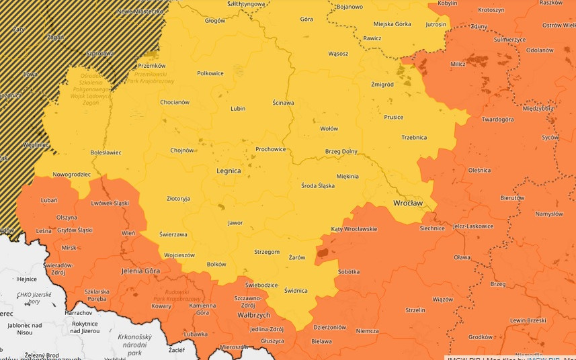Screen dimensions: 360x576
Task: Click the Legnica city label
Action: tap(229, 171)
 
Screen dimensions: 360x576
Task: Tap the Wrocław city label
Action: tap(408, 202)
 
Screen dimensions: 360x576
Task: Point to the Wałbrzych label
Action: tap(253, 314)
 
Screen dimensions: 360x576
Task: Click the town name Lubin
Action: tap(238, 108)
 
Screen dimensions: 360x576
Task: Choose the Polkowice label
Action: tap(210, 73)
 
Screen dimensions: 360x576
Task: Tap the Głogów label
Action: tap(215, 21)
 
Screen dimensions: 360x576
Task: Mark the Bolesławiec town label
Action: tap(106, 152)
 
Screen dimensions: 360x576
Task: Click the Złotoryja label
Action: tap(178, 199)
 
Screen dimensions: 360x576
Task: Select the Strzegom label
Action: tap(267, 252)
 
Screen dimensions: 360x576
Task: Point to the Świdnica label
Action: tap(296, 291)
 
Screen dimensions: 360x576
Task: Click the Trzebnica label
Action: tap(414, 138)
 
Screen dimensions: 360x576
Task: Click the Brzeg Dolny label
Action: tap(341, 152)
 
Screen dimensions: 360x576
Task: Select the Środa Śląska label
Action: tap(317, 185)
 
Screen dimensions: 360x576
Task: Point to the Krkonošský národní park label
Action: tap(135, 344)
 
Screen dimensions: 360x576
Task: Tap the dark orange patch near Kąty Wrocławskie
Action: tap(324, 252)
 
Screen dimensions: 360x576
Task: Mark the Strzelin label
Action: tap(415, 310)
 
